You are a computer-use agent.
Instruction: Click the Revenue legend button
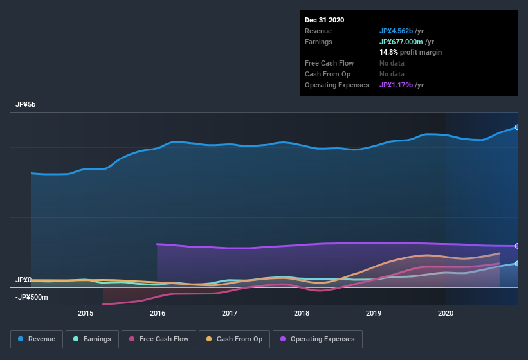[37, 339]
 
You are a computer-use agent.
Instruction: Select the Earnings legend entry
[92, 339]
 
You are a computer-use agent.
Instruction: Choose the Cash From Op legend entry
[233, 339]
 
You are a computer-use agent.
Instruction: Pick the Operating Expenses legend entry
[317, 339]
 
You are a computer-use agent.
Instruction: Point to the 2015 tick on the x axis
[86, 313]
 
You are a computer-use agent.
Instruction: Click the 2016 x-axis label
[158, 313]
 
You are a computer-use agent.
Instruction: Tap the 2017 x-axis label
[230, 313]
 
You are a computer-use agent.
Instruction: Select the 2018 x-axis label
[302, 313]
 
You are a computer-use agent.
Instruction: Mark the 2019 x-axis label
[374, 313]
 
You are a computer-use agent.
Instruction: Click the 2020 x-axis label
[445, 313]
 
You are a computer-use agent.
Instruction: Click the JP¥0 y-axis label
[24, 280]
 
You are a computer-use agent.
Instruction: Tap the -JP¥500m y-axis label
[32, 298]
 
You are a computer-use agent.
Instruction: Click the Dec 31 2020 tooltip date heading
[325, 20]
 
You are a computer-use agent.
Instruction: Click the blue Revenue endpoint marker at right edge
[517, 127]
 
